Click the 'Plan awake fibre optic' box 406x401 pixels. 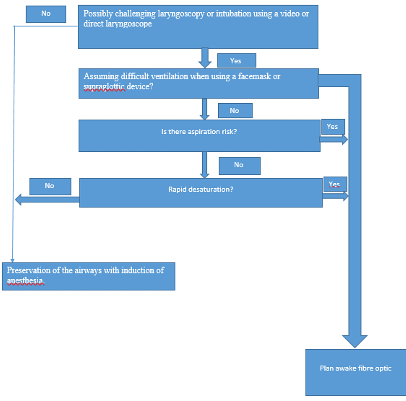click(x=355, y=368)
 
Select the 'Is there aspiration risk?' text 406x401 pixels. click(x=199, y=132)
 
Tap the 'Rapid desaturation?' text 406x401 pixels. click(x=201, y=190)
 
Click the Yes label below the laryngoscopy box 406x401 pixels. click(x=236, y=61)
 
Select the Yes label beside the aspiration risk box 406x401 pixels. click(x=332, y=127)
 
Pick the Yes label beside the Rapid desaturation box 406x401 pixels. click(x=334, y=184)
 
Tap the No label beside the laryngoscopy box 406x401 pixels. click(x=46, y=14)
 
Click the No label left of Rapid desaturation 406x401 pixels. click(x=49, y=186)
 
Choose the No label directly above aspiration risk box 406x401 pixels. click(x=234, y=111)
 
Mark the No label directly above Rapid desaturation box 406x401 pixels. click(x=239, y=165)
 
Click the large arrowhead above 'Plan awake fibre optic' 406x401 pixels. click(x=355, y=341)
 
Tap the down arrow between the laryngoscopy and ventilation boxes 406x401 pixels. click(x=205, y=58)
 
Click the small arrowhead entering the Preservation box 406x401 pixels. click(x=12, y=260)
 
